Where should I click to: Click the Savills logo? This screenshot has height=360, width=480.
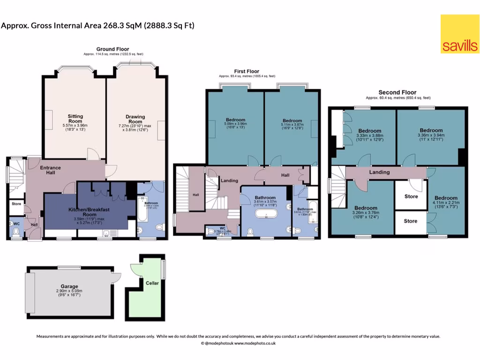click(459, 33)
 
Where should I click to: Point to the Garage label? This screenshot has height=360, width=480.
click(69, 286)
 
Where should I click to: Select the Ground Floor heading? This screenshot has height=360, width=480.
click(112, 49)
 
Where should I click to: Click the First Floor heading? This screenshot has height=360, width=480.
click(247, 71)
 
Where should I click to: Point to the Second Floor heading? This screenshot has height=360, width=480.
click(397, 92)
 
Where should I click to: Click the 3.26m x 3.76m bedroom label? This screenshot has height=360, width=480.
click(366, 208)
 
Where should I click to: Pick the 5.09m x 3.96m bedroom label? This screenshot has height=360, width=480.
click(235, 120)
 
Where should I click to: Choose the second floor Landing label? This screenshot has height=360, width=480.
click(379, 172)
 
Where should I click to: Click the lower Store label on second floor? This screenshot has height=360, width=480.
click(411, 221)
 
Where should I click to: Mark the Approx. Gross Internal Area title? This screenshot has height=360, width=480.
click(97, 25)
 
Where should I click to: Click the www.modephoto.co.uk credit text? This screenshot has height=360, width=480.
click(255, 343)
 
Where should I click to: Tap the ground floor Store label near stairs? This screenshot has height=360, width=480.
click(16, 204)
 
